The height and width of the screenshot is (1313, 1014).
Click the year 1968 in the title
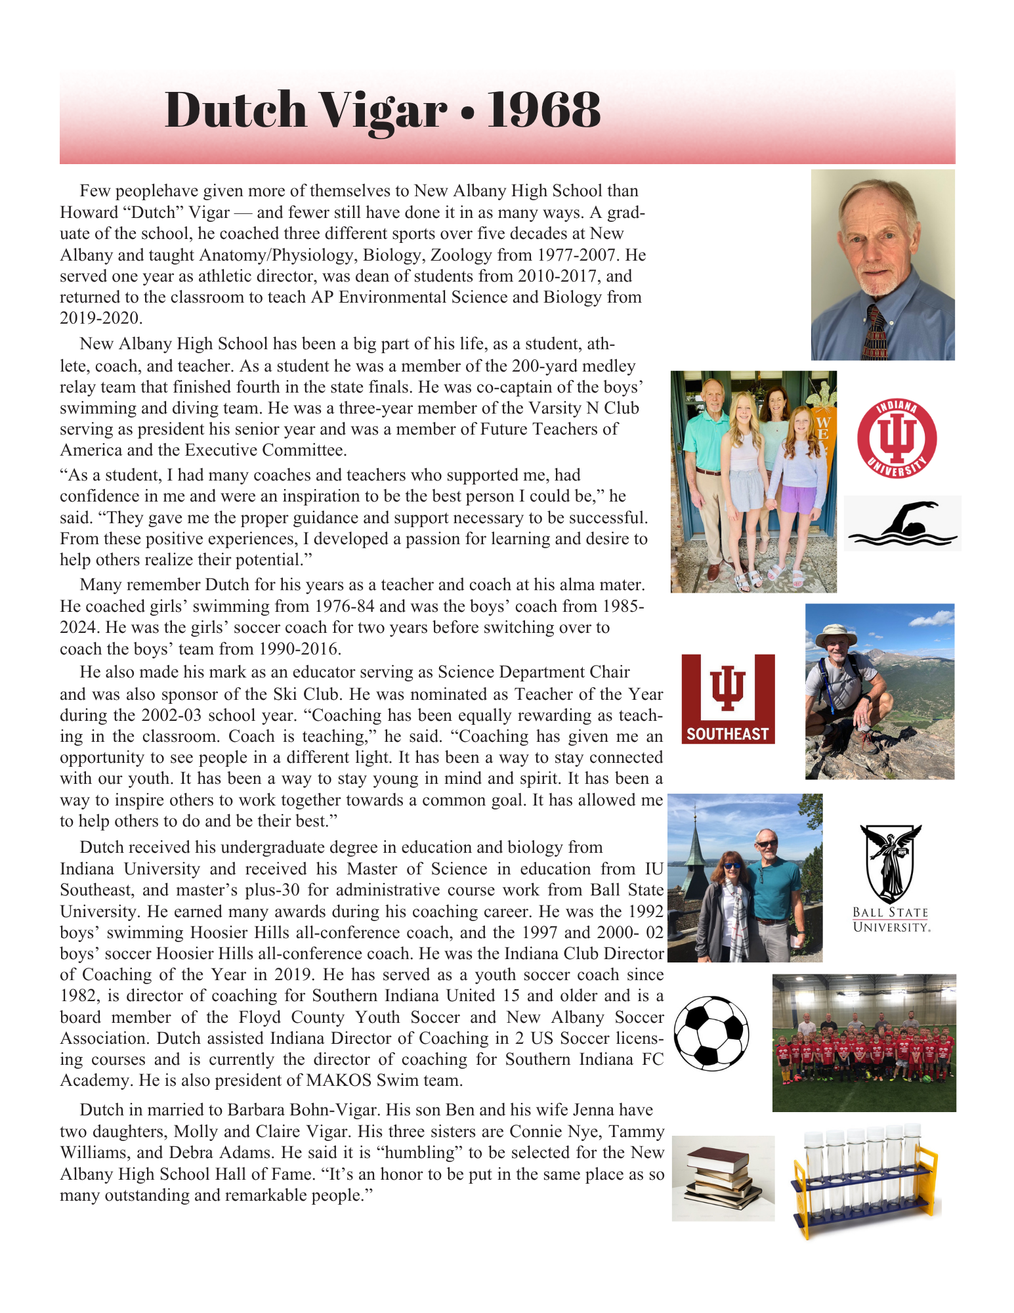click(x=543, y=110)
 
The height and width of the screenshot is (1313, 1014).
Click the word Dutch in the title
click(x=235, y=110)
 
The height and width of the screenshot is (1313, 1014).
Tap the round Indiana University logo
click(x=897, y=439)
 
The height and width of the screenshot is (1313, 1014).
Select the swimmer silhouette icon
click(x=902, y=523)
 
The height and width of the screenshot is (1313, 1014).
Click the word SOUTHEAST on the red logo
click(x=727, y=734)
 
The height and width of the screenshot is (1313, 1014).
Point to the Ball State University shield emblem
click(x=891, y=863)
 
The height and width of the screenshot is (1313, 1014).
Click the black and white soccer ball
click(x=711, y=1033)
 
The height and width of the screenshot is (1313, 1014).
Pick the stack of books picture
click(x=723, y=1178)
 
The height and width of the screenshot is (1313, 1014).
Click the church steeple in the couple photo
click(x=694, y=847)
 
